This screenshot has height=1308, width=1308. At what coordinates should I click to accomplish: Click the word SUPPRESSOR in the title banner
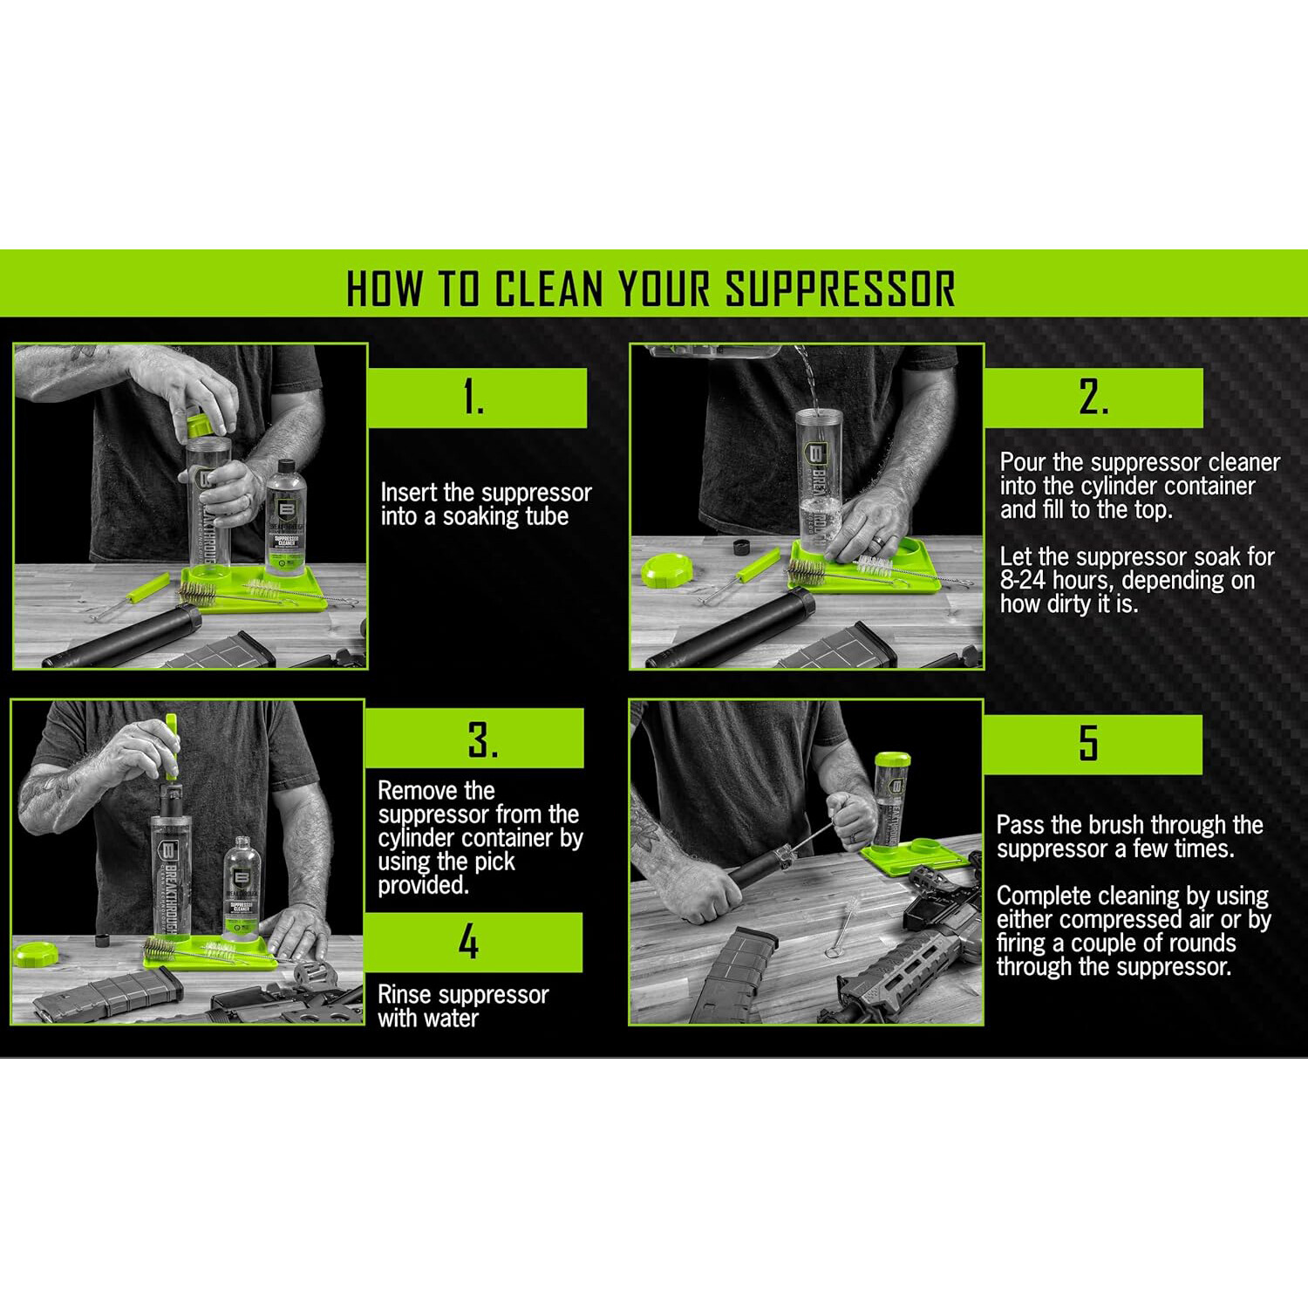(841, 289)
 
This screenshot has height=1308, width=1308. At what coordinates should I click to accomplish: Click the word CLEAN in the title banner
(549, 289)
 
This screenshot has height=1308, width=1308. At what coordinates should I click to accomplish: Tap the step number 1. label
(474, 399)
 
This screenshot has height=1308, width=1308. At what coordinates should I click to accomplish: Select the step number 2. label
(1093, 399)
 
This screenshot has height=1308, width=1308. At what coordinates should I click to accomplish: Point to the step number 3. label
(482, 739)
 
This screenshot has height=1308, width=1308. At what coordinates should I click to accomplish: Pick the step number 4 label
(469, 943)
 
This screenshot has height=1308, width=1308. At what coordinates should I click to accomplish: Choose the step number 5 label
(1088, 744)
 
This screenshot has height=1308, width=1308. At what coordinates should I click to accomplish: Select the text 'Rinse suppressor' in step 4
(463, 995)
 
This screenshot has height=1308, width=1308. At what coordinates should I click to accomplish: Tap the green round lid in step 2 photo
(666, 570)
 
